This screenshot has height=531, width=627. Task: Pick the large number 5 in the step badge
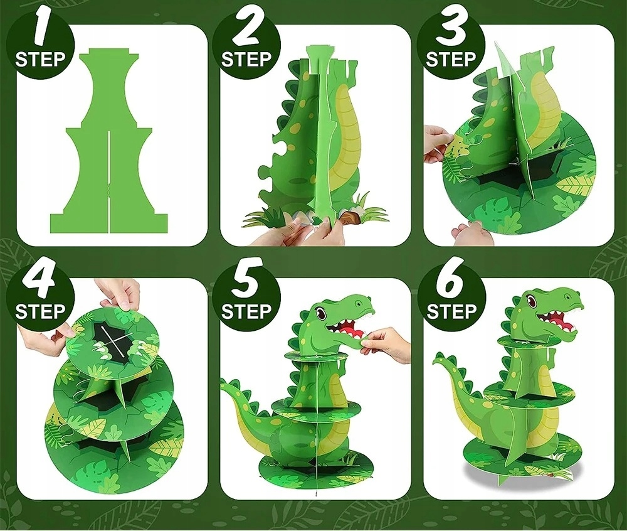point(247,279)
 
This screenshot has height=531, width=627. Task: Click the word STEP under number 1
point(40,59)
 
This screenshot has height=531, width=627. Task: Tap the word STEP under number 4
point(40,311)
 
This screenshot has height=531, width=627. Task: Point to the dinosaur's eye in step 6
point(532,299)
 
